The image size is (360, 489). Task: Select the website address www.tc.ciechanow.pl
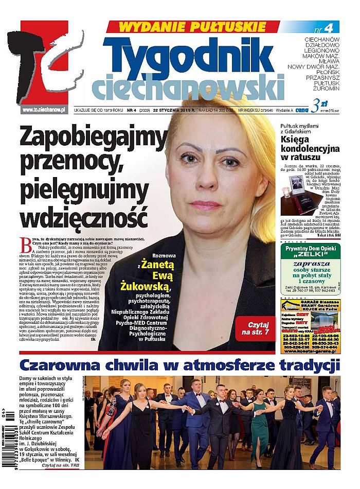pyautogui.click(x=44, y=110)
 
